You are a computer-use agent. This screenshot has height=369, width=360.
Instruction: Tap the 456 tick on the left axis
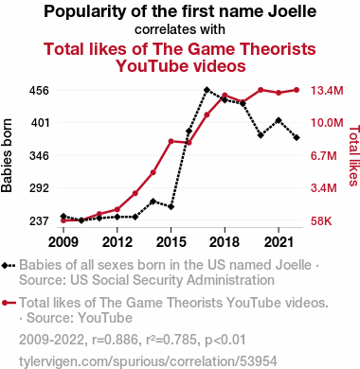tap(39, 91)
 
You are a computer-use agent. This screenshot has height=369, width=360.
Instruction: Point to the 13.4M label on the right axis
tap(327, 91)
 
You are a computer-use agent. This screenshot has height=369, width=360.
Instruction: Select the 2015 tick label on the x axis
tap(171, 242)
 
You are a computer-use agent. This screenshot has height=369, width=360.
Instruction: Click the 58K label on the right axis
tap(321, 221)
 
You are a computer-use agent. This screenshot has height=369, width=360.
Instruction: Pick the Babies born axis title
tap(7, 155)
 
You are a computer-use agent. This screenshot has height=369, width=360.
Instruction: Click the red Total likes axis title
tap(354, 156)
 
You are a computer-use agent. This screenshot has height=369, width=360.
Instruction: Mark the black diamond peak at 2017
tap(207, 90)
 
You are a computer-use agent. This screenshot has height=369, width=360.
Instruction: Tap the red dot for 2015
tap(171, 141)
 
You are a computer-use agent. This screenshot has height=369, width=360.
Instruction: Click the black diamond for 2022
tap(297, 137)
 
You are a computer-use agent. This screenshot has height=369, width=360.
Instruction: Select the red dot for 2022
tap(297, 90)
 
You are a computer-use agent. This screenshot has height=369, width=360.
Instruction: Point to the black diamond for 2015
tap(171, 207)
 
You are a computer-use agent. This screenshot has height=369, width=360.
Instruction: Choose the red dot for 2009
tap(63, 220)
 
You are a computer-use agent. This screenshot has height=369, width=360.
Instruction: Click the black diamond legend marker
tap(9, 265)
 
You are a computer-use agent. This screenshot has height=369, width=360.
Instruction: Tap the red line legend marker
tap(9, 303)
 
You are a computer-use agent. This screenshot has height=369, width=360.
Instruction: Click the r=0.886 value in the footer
tap(116, 340)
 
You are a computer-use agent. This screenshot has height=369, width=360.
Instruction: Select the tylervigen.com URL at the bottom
tap(148, 361)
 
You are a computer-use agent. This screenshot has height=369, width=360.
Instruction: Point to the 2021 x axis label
tap(279, 242)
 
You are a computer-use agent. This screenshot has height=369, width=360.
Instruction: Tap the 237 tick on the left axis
tap(39, 221)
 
